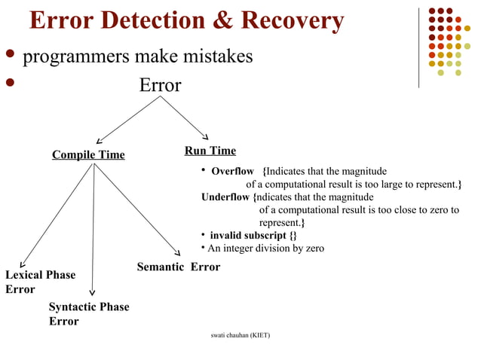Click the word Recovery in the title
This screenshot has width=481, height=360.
click(x=290, y=21)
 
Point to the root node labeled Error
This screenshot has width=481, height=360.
click(x=160, y=86)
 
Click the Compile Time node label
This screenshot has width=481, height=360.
click(x=88, y=155)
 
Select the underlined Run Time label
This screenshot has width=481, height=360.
click(x=210, y=151)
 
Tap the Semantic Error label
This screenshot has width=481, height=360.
click(x=179, y=267)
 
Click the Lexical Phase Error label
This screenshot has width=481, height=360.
click(x=40, y=282)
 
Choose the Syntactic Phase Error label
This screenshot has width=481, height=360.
click(x=88, y=314)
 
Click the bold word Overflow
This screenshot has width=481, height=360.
click(x=232, y=171)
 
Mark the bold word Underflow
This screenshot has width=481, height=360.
click(x=226, y=197)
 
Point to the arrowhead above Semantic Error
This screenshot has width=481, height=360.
click(x=178, y=252)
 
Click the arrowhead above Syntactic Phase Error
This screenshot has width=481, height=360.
click(x=92, y=293)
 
